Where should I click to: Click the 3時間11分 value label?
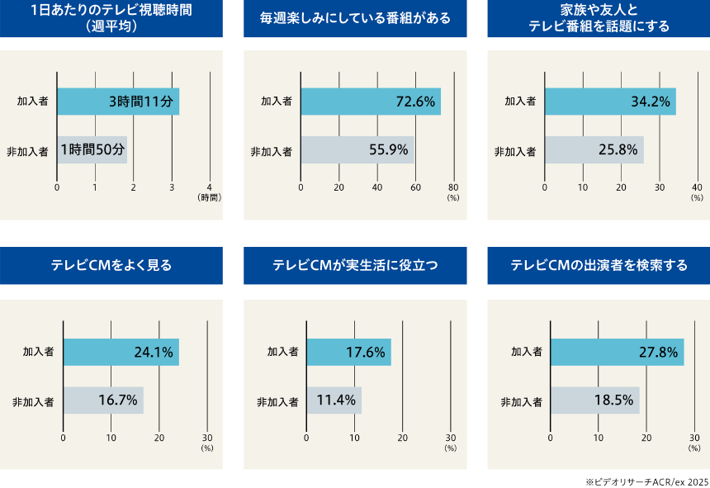[141, 102]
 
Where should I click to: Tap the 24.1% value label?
[154, 353]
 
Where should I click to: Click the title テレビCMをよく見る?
[111, 266]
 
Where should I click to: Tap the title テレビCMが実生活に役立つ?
[355, 266]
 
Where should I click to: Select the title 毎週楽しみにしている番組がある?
[355, 18]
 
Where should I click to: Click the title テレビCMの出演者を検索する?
[599, 266]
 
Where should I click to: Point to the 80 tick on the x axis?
[453, 187]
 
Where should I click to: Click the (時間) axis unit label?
[210, 198]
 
